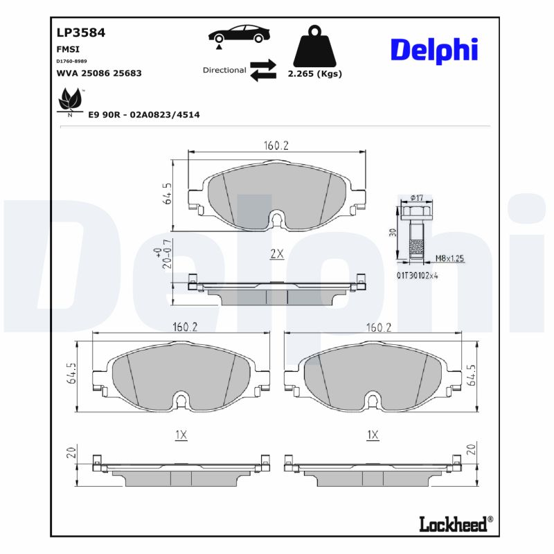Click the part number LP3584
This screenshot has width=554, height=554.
coord(80,32)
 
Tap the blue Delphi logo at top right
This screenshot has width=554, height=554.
coord(434,51)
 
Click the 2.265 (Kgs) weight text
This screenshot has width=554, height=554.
coord(314,74)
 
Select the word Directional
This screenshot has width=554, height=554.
coord(224,70)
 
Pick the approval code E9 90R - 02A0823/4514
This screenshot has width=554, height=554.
coord(144,114)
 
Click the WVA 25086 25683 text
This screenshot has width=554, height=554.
coord(98,73)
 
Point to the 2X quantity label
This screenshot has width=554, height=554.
coord(276,254)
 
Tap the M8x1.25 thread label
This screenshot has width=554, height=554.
coord(449,258)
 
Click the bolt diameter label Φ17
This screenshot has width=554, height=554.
coord(416,198)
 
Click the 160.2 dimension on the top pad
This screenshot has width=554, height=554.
coord(276,145)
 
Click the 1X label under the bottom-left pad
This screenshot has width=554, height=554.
coord(181,435)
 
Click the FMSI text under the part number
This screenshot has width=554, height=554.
coord(67,50)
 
